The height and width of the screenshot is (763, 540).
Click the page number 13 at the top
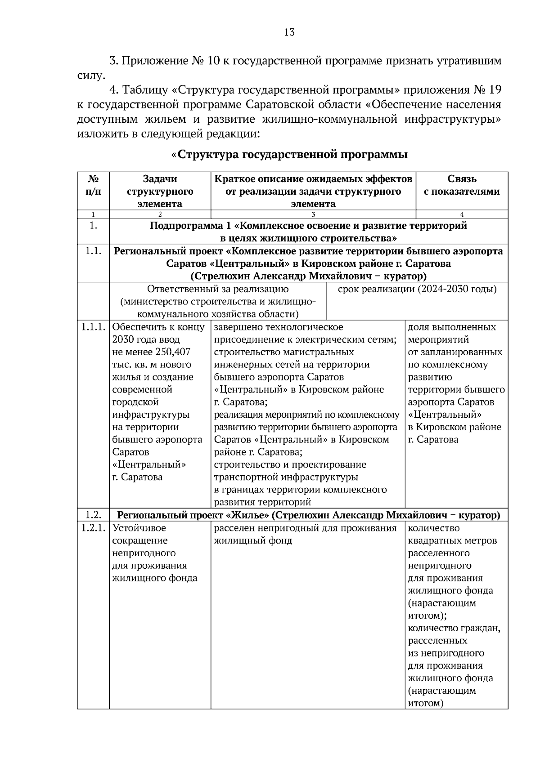coord(289,32)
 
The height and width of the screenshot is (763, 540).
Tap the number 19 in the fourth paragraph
coord(494,89)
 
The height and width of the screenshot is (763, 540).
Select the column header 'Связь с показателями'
coord(462,185)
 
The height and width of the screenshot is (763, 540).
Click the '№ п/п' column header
coord(93,185)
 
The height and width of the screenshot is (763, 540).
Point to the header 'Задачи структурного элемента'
coord(160,191)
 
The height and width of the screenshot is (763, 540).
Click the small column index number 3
coord(313,214)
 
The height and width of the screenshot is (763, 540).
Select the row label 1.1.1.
coord(93,327)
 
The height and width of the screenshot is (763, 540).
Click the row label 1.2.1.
coord(93,528)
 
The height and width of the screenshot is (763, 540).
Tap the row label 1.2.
coord(93,515)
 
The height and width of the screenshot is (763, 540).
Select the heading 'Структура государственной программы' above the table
coord(292,155)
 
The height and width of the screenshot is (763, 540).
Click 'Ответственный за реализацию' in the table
coord(218,289)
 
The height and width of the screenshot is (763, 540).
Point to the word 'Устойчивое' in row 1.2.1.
coord(139,528)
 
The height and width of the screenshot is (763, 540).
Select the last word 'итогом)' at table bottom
coord(426,703)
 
